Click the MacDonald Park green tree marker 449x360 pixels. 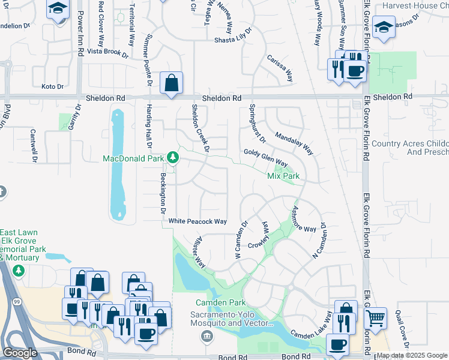coord(173,157)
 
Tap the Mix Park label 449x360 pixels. coord(283,176)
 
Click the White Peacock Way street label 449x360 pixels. coord(197,221)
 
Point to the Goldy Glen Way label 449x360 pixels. coord(265,158)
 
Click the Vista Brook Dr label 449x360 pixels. coord(108,53)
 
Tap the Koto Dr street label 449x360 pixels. coord(52,87)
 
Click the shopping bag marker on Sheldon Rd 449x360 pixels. coord(172,85)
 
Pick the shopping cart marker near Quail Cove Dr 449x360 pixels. coord(376,318)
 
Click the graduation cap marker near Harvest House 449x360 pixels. coord(383,27)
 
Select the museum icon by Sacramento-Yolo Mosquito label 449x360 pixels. coord(206,334)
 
